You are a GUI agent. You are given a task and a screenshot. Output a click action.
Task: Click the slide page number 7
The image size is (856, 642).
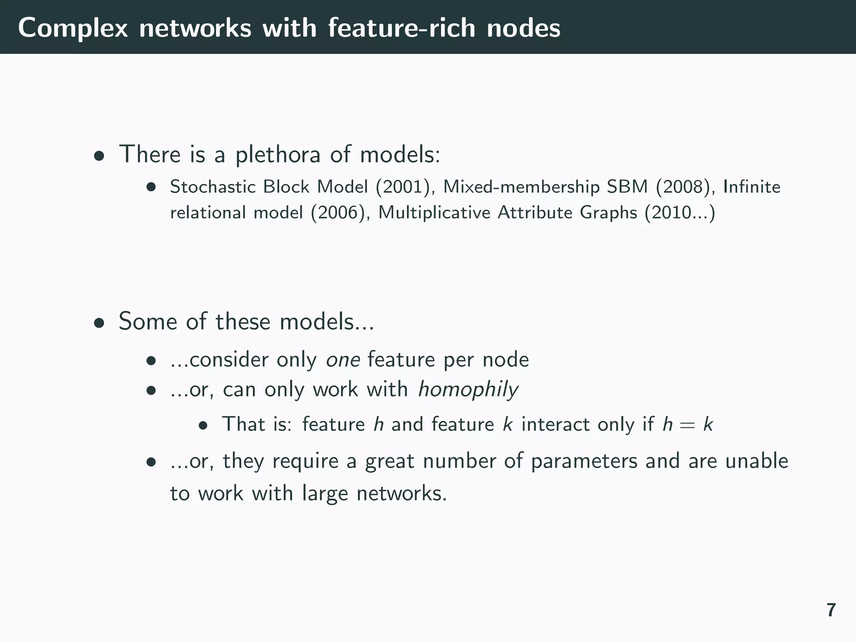pyautogui.click(x=831, y=610)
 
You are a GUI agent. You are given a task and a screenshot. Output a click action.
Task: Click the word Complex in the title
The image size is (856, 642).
pyautogui.click(x=73, y=28)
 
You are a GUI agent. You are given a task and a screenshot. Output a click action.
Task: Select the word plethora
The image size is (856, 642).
pyautogui.click(x=278, y=155)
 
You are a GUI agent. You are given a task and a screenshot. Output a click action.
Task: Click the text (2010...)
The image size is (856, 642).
pyautogui.click(x=680, y=213)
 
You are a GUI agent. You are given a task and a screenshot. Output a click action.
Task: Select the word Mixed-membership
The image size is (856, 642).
pyautogui.click(x=521, y=187)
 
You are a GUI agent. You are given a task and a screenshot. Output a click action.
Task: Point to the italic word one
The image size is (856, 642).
pyautogui.click(x=343, y=360)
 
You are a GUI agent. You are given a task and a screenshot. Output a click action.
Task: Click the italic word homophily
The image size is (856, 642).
pyautogui.click(x=468, y=390)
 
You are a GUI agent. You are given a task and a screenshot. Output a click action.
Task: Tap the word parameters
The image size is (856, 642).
pyautogui.click(x=584, y=461)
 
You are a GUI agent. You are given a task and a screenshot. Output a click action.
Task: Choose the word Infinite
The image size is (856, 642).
pyautogui.click(x=752, y=187)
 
